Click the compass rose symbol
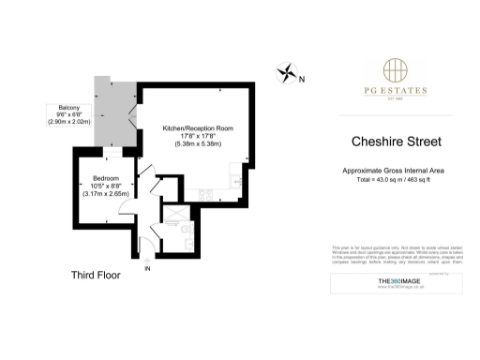click(x=285, y=71)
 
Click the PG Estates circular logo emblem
click(x=395, y=71)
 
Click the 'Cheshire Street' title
click(x=395, y=143)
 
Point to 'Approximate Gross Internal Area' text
click(x=395, y=170)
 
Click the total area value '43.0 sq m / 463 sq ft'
click(x=395, y=178)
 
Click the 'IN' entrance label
click(x=147, y=269)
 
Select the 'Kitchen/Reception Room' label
click(x=197, y=127)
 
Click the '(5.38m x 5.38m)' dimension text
click(x=197, y=144)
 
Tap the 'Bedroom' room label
click(x=105, y=179)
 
